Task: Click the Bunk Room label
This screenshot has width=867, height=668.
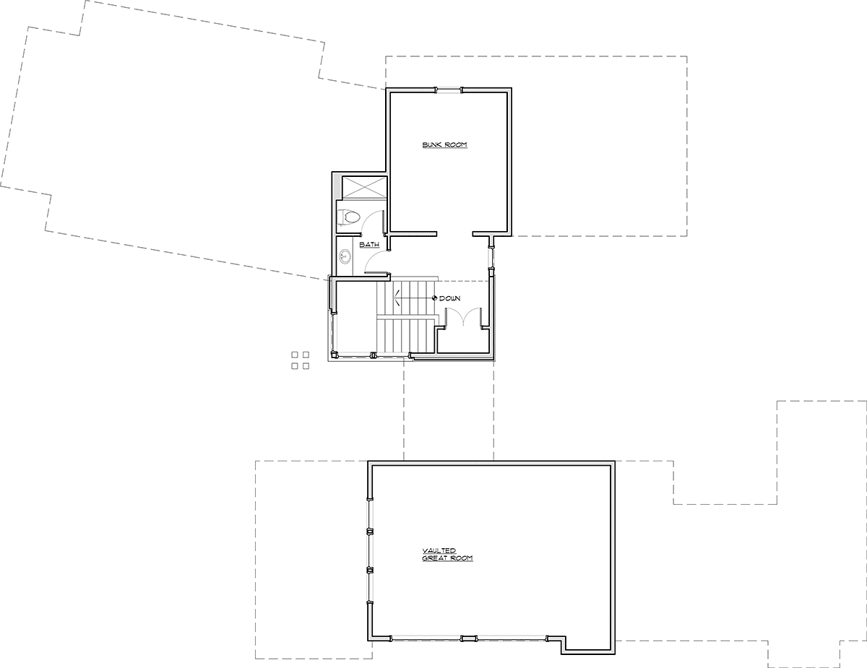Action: coord(444,144)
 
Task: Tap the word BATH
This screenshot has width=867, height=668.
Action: coord(369,245)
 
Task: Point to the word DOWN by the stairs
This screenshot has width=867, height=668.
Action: coord(449,298)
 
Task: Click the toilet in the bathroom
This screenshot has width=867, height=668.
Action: coord(349,217)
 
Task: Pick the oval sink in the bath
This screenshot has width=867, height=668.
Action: coord(345,256)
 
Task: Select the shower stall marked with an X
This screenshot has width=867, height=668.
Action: coord(365,187)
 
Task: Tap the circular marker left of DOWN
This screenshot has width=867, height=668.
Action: coord(435,298)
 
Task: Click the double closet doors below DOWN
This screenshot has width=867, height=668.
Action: coord(463,317)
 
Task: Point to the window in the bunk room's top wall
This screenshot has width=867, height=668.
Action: coord(448,90)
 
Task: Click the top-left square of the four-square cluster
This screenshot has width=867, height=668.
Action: coord(295,355)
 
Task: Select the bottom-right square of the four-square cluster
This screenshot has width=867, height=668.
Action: coord(306,366)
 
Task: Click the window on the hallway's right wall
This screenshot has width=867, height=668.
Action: coord(491,258)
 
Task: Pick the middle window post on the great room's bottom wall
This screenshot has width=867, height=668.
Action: coord(469,638)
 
